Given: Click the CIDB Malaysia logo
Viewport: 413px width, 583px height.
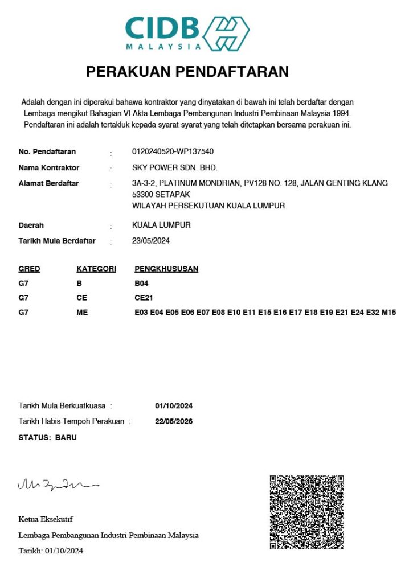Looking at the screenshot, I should [x=187, y=33].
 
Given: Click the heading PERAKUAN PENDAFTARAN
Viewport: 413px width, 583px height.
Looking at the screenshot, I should [x=187, y=72].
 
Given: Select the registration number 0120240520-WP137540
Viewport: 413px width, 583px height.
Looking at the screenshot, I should [x=173, y=151].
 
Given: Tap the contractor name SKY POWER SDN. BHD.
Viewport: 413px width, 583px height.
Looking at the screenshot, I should [x=175, y=168].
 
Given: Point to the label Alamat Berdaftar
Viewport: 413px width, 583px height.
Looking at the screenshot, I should [x=48, y=183].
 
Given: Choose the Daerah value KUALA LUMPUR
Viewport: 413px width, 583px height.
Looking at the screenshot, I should [x=161, y=225].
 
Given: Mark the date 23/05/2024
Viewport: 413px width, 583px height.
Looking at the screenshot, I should [x=151, y=241].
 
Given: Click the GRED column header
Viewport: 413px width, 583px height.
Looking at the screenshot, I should [x=29, y=269].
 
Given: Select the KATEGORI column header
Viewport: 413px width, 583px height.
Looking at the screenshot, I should [x=96, y=269].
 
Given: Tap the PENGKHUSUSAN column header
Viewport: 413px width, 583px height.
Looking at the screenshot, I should [x=166, y=269].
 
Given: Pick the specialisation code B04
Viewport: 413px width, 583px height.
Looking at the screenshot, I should [x=142, y=283].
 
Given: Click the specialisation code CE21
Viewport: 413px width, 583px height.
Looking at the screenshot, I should [x=144, y=298].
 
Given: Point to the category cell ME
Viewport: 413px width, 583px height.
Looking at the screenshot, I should [x=82, y=313].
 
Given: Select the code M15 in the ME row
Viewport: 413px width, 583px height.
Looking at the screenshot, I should [x=389, y=313].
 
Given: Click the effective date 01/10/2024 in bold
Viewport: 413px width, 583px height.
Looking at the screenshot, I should [x=174, y=406].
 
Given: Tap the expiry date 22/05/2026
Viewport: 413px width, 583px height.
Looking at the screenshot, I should [x=174, y=422].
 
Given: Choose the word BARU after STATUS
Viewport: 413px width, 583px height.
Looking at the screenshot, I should [x=66, y=438].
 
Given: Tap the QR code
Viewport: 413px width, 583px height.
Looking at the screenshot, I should [x=306, y=512].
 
